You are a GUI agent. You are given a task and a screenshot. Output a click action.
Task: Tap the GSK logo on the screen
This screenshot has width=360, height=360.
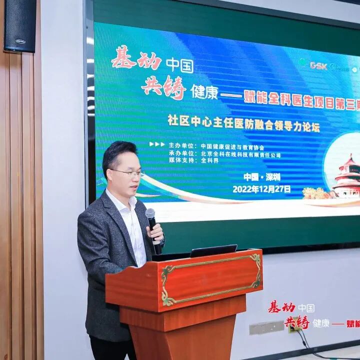click(318, 65)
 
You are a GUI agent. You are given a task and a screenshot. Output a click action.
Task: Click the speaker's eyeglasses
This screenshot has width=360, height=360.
click(127, 172)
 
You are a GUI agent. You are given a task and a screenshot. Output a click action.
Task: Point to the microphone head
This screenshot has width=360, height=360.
click(150, 214)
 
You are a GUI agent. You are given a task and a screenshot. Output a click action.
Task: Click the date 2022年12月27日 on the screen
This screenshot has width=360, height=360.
click(261, 189)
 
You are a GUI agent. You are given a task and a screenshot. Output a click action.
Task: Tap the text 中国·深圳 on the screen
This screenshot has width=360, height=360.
click(261, 177)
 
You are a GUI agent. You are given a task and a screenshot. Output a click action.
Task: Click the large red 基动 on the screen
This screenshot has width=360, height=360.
click(136, 59)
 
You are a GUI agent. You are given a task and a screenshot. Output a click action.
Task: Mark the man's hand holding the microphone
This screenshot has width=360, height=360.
click(155, 233)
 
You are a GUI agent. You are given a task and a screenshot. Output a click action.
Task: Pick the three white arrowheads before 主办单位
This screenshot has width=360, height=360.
click(156, 144)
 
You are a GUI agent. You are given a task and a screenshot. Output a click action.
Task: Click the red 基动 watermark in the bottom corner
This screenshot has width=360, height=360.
click(281, 307)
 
